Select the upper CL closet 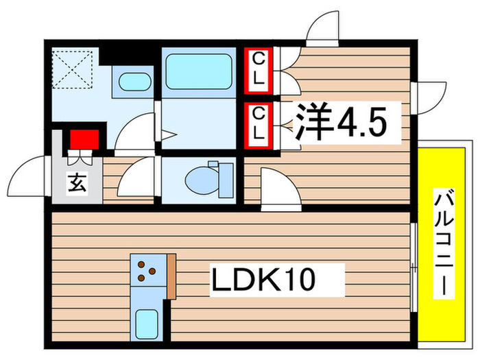tap(259, 69)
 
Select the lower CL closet tap(259, 124)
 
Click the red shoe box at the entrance tap(83, 139)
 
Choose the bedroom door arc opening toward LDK tap(278, 189)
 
